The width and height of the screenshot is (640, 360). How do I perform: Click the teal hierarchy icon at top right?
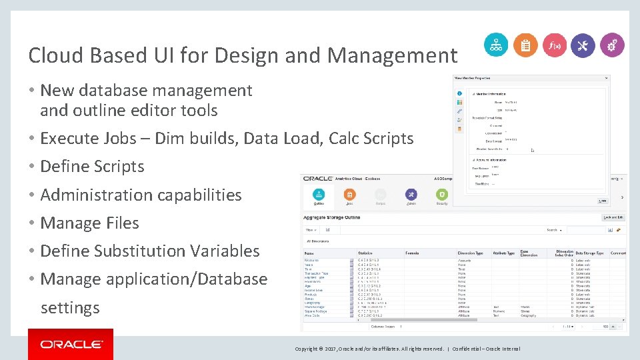[495, 45]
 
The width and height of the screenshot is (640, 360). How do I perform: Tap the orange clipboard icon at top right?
[525, 45]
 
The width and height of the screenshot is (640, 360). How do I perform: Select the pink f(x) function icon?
[555, 45]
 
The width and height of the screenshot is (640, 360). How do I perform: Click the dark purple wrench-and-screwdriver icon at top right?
[583, 45]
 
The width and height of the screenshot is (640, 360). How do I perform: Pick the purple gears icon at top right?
[612, 45]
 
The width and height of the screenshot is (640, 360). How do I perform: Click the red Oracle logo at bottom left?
[71, 344]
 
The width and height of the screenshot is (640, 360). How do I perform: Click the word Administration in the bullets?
[94, 195]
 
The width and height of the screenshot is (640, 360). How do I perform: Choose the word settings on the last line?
[70, 308]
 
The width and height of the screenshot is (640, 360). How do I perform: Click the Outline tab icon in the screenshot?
[319, 194]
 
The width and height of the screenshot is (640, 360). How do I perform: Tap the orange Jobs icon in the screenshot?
[350, 194]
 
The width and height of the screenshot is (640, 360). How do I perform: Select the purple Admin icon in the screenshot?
[411, 194]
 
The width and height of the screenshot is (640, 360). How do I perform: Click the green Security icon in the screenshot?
[441, 194]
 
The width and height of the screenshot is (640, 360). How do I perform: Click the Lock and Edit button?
[613, 217]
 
